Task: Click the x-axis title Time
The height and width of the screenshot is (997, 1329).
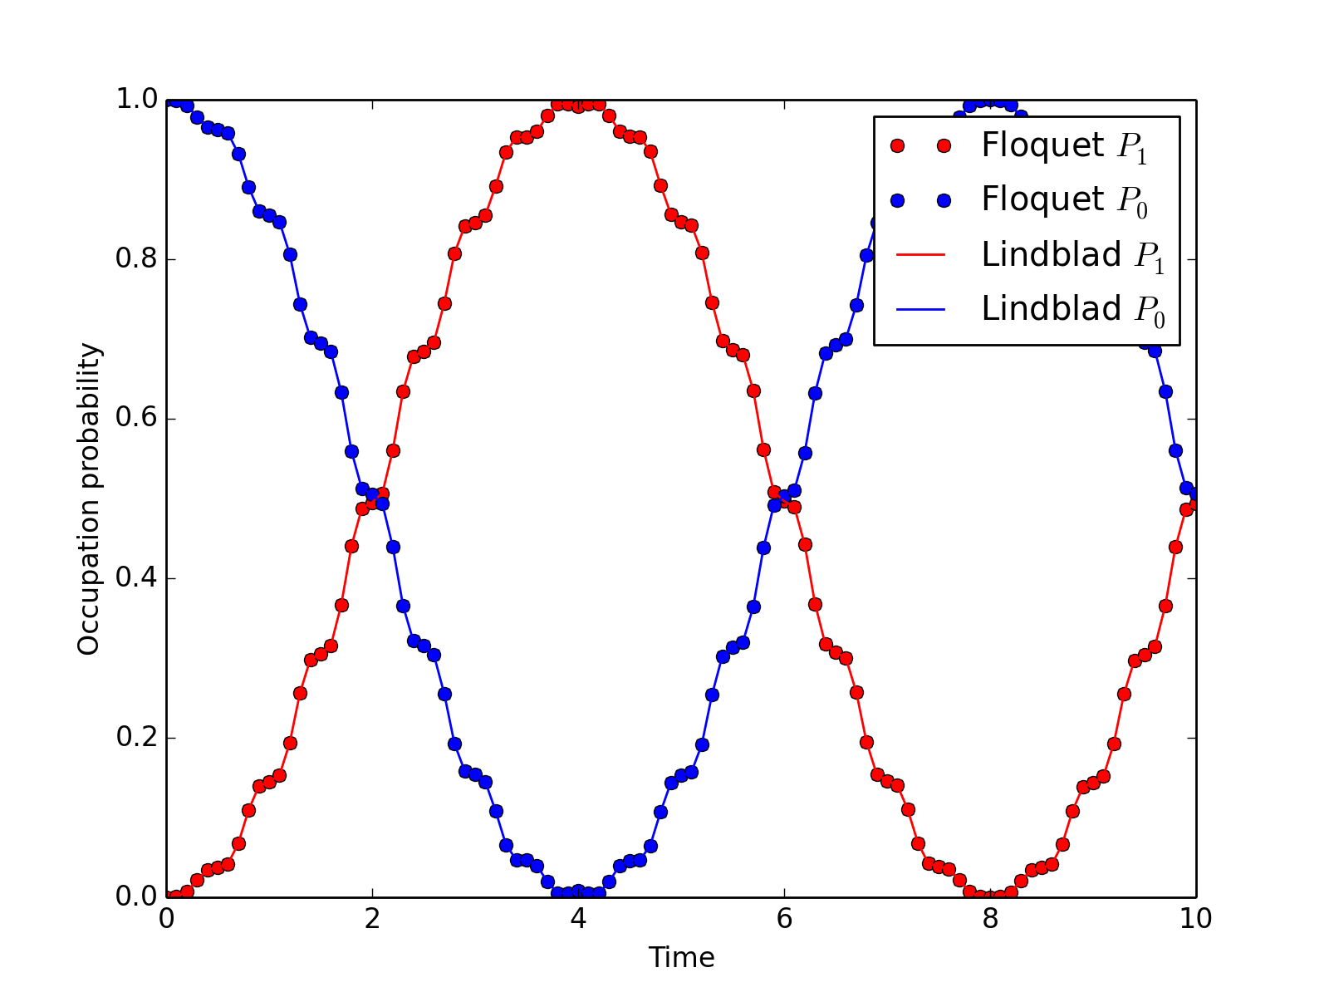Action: click(681, 958)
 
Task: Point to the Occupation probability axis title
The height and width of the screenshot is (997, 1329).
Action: click(89, 498)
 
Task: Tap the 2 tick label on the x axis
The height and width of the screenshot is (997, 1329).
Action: click(372, 919)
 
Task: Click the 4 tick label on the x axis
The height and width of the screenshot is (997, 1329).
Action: click(578, 919)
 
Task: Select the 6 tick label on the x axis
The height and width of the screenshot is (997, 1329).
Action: click(784, 919)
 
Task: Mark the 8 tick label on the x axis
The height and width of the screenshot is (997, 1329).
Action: click(990, 919)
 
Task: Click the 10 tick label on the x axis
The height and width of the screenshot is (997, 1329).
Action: click(1195, 919)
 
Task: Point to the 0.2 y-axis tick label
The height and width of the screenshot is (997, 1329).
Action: click(135, 738)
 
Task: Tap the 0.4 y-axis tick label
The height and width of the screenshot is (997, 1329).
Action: click(135, 578)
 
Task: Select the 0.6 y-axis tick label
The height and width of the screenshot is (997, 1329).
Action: click(135, 419)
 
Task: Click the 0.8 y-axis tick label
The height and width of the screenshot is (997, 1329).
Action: click(135, 259)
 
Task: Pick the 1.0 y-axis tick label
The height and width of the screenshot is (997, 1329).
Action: click(135, 100)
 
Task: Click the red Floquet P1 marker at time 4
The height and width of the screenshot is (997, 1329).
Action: click(578, 106)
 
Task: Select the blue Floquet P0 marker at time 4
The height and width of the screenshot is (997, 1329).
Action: click(578, 891)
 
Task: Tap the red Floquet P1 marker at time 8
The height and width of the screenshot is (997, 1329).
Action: click(990, 896)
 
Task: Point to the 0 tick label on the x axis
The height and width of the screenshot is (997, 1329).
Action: click(166, 919)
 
